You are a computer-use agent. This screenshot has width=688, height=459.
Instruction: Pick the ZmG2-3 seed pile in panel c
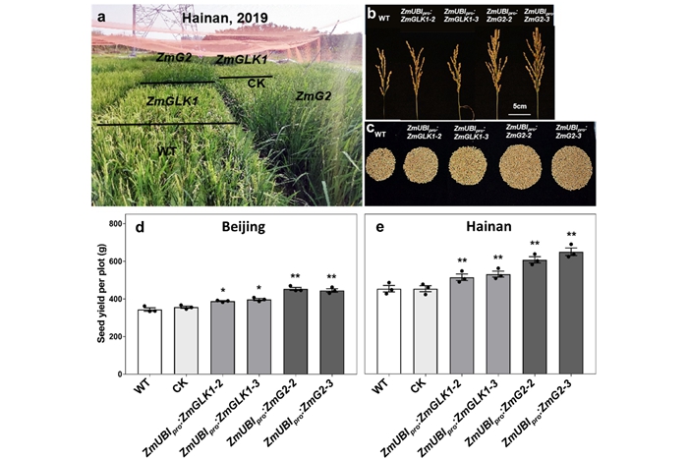point(575,167)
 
